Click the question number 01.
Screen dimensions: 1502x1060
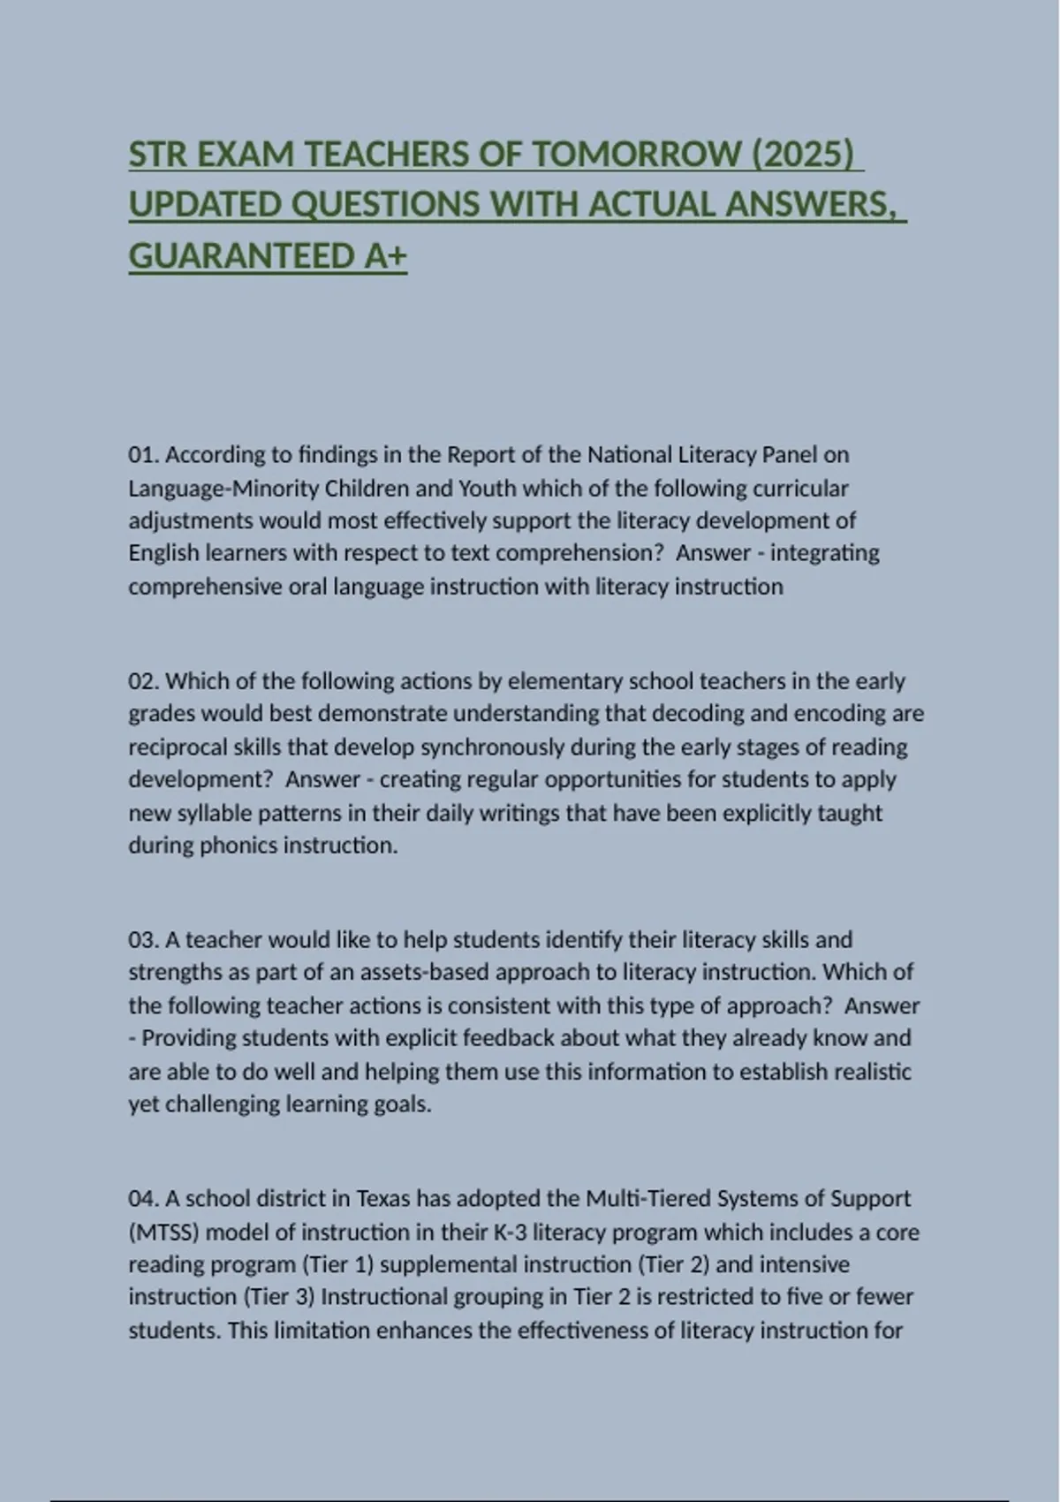click(x=142, y=455)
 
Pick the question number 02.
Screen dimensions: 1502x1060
click(x=142, y=681)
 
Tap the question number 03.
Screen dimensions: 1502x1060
click(x=142, y=939)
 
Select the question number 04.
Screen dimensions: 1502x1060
click(x=142, y=1199)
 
